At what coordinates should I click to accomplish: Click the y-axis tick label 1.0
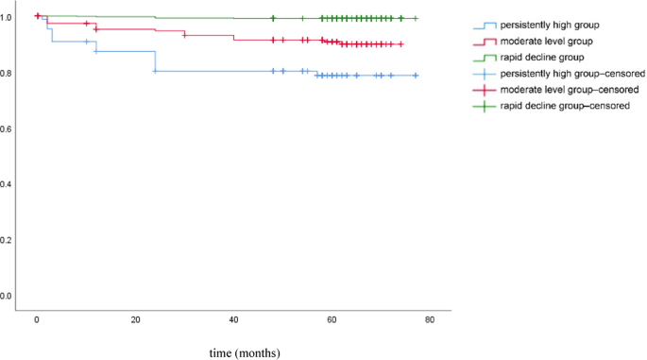[9, 17]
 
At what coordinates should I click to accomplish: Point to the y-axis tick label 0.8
[9, 73]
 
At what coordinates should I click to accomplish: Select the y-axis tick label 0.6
[9, 129]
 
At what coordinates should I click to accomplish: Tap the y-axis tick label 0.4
[9, 184]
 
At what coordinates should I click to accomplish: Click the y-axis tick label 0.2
[9, 240]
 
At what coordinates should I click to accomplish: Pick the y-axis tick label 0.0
[9, 296]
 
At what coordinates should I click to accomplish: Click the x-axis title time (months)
[249, 351]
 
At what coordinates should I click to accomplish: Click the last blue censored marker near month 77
[416, 76]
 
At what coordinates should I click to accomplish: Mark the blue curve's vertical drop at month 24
[155, 61]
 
